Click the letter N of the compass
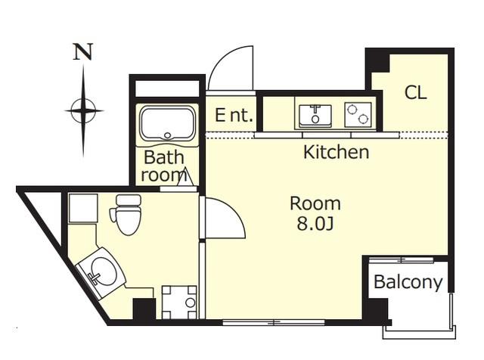click(x=83, y=51)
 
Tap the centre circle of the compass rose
click(x=83, y=110)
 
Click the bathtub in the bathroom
click(x=167, y=123)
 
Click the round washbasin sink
click(x=104, y=272)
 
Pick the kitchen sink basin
click(x=315, y=116)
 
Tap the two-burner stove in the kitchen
click(x=358, y=114)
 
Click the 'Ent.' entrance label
click(x=234, y=115)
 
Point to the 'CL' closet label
click(x=415, y=92)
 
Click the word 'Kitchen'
click(x=336, y=152)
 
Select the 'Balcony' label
click(x=408, y=282)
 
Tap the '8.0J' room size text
click(x=315, y=224)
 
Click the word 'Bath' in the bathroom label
click(x=163, y=157)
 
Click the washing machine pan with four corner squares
click(x=179, y=303)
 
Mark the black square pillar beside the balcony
click(x=375, y=309)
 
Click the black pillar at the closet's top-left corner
click(x=377, y=61)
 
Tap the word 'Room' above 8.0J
click(x=315, y=203)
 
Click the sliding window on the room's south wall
click(x=274, y=323)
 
